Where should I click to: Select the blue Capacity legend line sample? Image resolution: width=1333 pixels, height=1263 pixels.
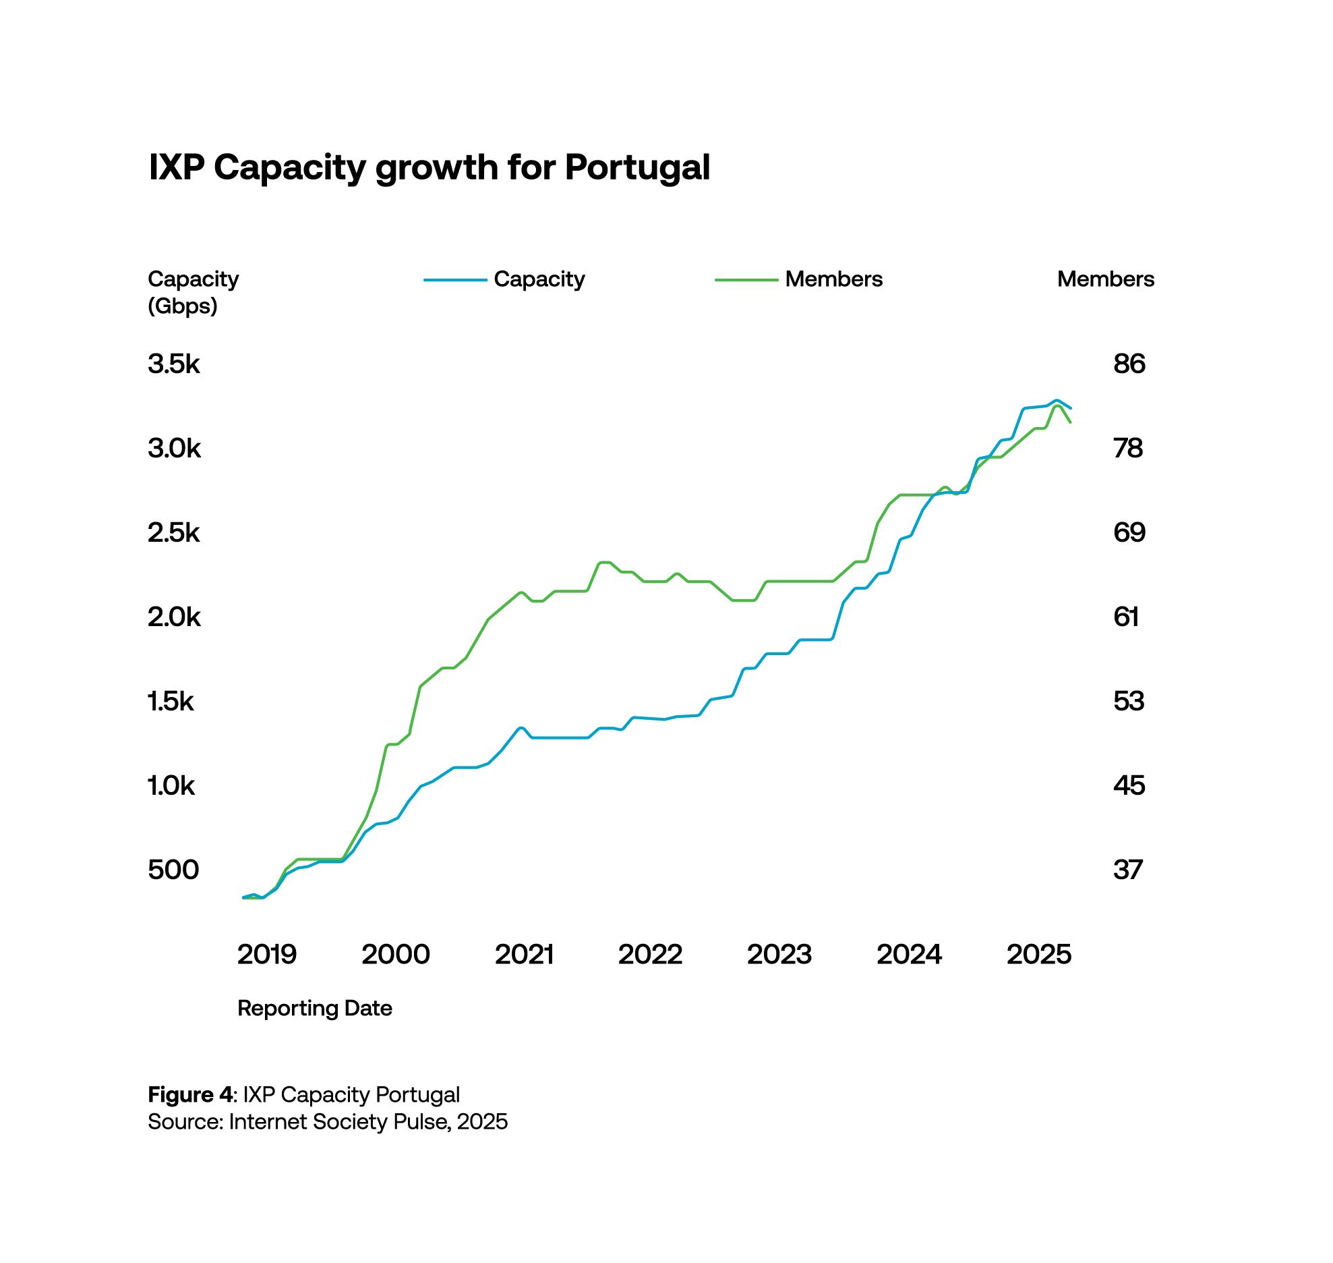point(455,280)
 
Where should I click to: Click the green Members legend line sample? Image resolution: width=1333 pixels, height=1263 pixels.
point(746,280)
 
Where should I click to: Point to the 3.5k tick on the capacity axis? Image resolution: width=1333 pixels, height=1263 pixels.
point(174,364)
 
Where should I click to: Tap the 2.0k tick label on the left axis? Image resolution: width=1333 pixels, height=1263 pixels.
point(174,617)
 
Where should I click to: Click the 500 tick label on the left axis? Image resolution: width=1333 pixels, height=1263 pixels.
point(173,870)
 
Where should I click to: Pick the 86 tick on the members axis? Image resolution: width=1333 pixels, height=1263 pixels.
point(1129,364)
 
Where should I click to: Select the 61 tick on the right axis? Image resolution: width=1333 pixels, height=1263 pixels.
point(1126,617)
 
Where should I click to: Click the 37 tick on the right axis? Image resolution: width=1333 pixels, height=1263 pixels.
point(1128,870)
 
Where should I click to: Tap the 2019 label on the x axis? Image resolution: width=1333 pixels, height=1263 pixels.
point(267,955)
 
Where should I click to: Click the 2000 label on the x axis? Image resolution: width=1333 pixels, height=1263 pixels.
point(396,955)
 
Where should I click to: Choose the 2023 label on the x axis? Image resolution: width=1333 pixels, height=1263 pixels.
point(779,955)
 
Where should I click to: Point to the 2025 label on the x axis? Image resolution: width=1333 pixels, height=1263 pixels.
point(1039,955)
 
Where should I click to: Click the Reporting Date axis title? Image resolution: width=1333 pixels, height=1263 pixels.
point(315,1009)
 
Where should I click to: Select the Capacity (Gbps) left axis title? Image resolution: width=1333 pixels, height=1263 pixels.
point(193,292)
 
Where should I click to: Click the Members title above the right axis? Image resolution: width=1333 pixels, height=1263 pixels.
point(1106,279)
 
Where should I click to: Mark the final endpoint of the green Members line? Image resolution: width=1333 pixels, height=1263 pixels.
point(1071,422)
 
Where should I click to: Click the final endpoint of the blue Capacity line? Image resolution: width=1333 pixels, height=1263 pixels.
point(1071,408)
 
